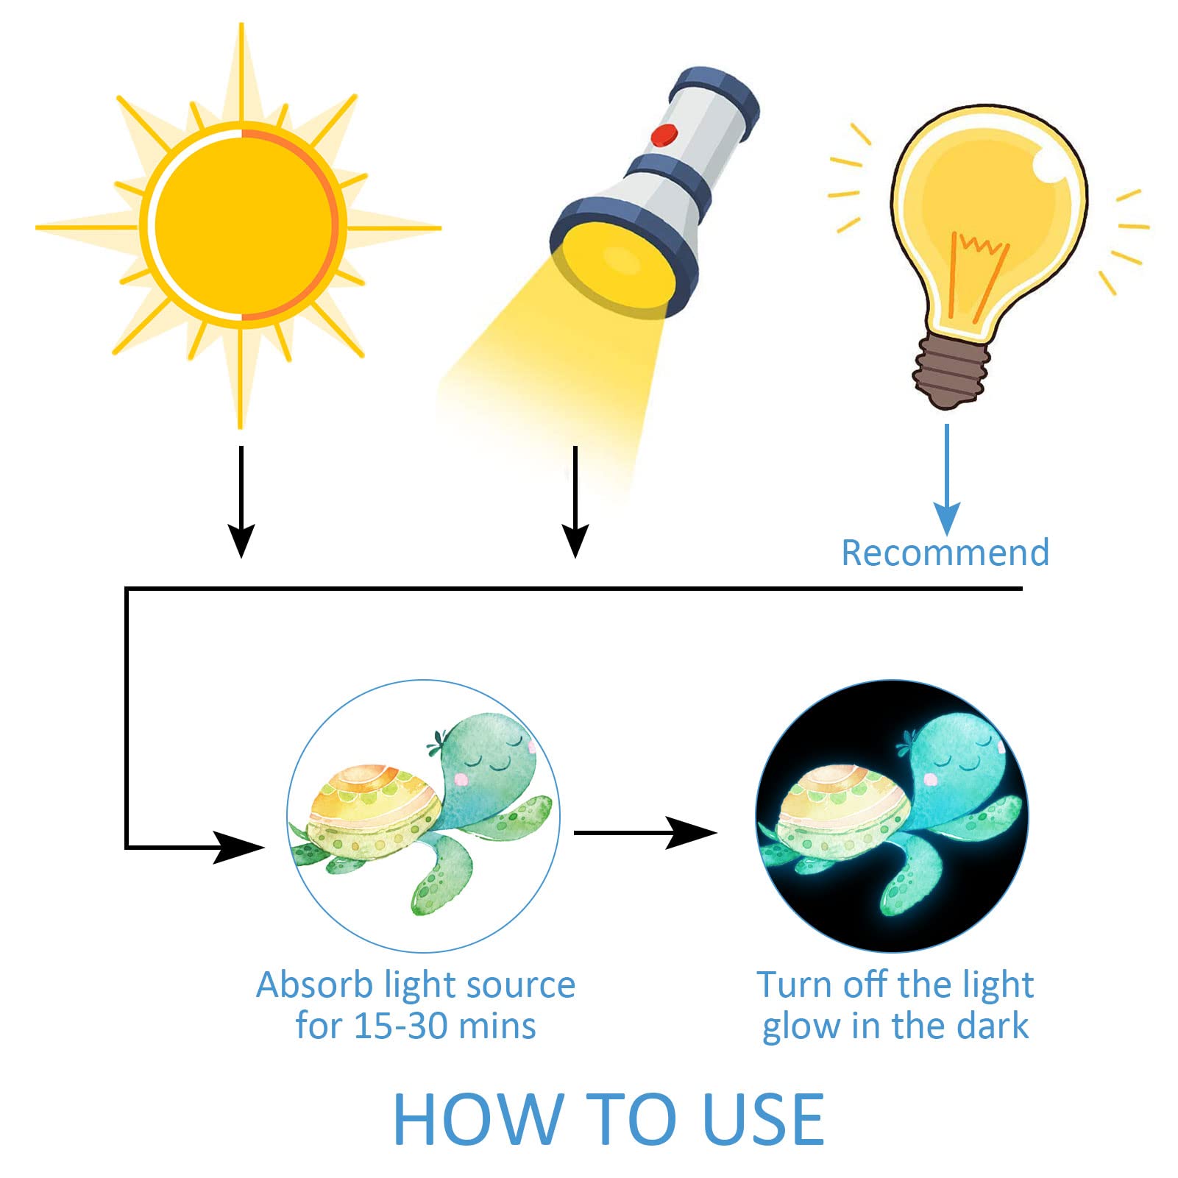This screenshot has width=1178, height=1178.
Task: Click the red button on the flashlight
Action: click(x=664, y=135)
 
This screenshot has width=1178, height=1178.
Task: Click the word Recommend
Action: click(x=945, y=553)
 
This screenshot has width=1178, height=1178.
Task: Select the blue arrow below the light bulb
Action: click(x=947, y=479)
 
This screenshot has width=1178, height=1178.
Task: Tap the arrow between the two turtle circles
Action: click(x=645, y=833)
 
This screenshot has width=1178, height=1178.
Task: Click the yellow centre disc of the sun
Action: click(x=244, y=225)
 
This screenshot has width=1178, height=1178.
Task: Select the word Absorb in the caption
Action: click(x=315, y=984)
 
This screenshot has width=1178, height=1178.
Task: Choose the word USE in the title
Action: click(x=763, y=1119)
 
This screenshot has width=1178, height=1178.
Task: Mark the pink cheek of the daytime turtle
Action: click(x=462, y=777)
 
